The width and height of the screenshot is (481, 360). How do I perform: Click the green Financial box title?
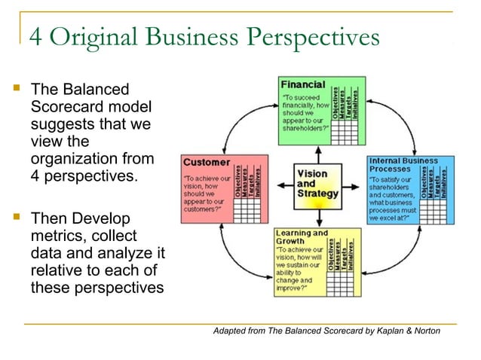coord(303,84)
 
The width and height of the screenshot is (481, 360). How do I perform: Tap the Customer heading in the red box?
coord(206,162)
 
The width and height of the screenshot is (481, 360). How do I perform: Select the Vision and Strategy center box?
coord(316,183)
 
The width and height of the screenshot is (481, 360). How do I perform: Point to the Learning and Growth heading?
coord(302,237)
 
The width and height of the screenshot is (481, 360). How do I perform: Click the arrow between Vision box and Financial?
coord(317,154)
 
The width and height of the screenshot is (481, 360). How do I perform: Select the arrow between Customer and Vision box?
coord(280,184)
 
